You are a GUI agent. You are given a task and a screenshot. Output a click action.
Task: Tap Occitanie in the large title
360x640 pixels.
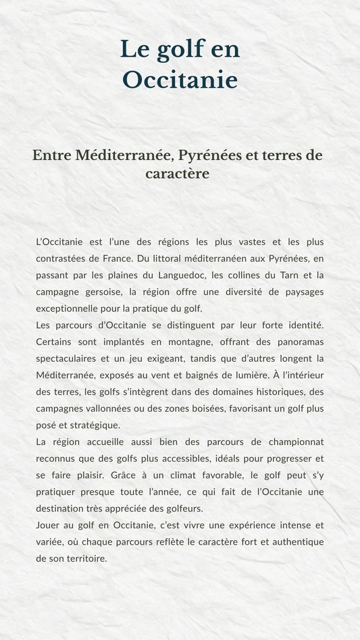(x=180, y=80)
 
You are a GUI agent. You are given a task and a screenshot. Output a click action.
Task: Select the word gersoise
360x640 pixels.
(x=101, y=292)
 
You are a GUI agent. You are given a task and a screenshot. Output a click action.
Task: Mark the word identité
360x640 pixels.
(x=305, y=325)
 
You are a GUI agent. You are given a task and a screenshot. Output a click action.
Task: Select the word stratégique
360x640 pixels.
(x=95, y=425)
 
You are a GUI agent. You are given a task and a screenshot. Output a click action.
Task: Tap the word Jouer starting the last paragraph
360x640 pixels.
(x=48, y=525)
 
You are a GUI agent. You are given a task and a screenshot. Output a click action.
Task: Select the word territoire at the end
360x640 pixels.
(x=85, y=558)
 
